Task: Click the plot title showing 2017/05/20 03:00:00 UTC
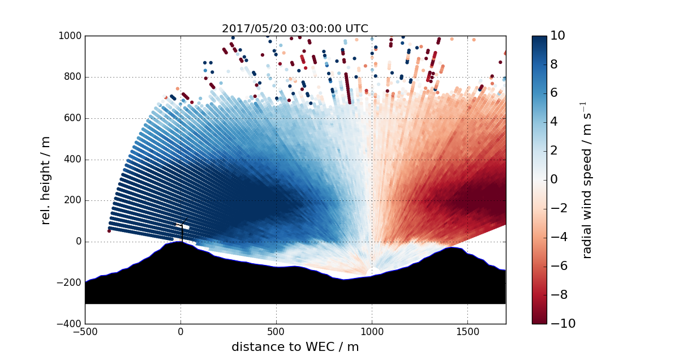pyautogui.click(x=295, y=28)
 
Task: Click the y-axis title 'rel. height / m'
pyautogui.click(x=46, y=179)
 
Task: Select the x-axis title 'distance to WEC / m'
pyautogui.click(x=295, y=347)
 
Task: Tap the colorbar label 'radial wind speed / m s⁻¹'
pyautogui.click(x=587, y=179)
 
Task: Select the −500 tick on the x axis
pyautogui.click(x=85, y=332)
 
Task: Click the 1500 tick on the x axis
pyautogui.click(x=467, y=332)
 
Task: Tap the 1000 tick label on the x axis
pyautogui.click(x=372, y=332)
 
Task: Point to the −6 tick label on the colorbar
pyautogui.click(x=558, y=265)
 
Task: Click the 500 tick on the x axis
pyautogui.click(x=276, y=332)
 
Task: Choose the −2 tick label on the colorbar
pyautogui.click(x=558, y=208)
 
